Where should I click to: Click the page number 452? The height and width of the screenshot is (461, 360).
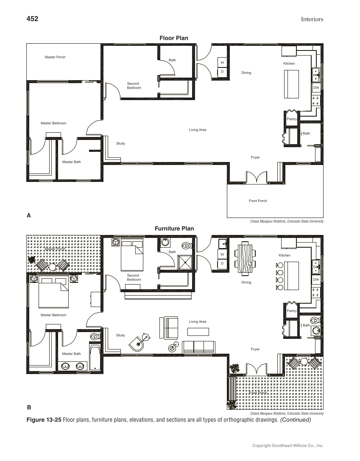(33, 19)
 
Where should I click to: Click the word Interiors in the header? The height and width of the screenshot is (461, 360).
(312, 19)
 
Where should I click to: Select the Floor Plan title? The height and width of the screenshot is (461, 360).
(174, 38)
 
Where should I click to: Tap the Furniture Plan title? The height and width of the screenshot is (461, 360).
(174, 229)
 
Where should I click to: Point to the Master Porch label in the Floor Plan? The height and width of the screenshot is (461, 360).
(55, 57)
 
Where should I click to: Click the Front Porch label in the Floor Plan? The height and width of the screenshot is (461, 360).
(258, 201)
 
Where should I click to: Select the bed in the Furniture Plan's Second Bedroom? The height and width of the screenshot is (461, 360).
(132, 256)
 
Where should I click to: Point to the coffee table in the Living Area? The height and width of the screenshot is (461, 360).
(198, 332)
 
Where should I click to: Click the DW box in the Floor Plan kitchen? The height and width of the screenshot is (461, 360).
(316, 88)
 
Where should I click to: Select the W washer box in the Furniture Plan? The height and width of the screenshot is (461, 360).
(222, 254)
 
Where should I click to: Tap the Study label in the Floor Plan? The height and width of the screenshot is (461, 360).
(120, 144)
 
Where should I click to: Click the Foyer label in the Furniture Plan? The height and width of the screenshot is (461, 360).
(255, 349)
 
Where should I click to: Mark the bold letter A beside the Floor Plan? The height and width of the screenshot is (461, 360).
(29, 215)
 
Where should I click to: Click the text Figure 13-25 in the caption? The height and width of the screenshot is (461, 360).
(44, 420)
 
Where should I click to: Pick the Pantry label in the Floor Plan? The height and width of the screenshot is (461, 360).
(292, 119)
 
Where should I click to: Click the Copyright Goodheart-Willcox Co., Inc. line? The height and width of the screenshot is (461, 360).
(287, 446)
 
